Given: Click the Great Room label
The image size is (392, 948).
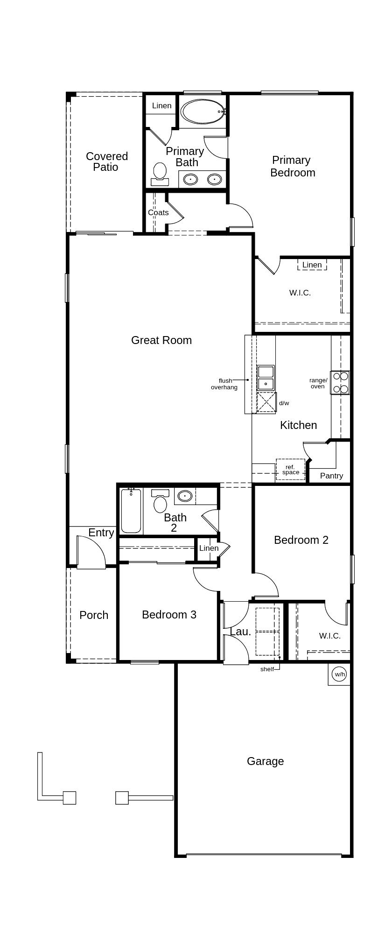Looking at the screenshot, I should [161, 340].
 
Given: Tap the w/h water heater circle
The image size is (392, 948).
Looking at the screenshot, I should [339, 674].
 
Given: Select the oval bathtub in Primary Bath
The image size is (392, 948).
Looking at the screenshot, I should [203, 112].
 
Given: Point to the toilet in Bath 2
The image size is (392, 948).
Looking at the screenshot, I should [161, 501].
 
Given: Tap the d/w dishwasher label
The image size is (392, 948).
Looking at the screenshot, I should [284, 403].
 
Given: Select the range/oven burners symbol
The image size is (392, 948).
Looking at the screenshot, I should [340, 382].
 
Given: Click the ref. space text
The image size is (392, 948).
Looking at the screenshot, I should [290, 470].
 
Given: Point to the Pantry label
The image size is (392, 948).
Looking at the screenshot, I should [331, 476].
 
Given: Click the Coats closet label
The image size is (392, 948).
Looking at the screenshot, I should [158, 213].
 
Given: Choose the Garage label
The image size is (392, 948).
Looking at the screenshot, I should [265, 761].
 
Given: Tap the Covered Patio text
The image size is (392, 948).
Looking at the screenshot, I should [106, 162].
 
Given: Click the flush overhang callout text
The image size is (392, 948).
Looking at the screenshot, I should [224, 384].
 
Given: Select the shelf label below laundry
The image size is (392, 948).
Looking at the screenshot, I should [267, 669].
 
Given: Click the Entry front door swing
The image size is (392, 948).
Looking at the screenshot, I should [91, 553].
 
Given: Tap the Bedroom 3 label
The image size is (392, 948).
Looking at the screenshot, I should [169, 615].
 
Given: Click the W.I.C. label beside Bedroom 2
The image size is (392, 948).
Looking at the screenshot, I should [329, 636].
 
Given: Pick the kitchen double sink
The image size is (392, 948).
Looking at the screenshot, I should [266, 378].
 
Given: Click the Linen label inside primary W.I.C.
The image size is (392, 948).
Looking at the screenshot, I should [312, 265].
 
